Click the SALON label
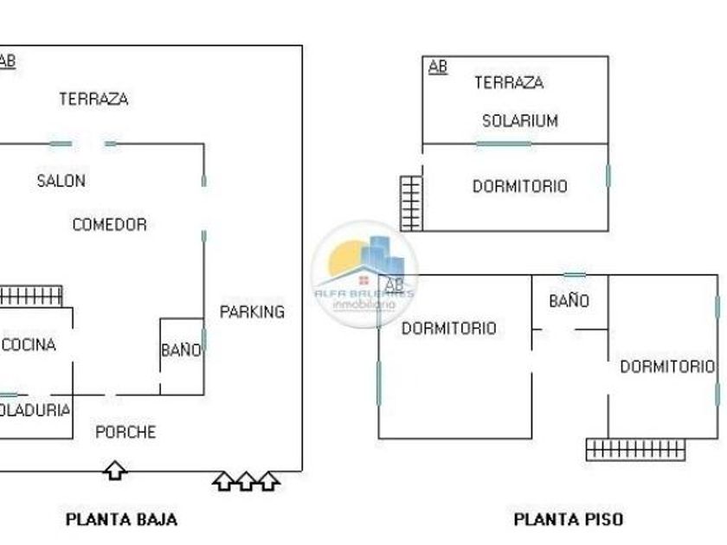coord(61,181)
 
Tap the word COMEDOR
coord(109,225)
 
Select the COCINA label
coord(29,345)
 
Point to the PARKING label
coord(252,312)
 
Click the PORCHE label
coord(125,432)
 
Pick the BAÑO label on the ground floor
coord(181,350)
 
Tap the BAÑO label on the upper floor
coord(569,301)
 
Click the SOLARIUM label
coord(519,121)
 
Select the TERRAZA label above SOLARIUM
coord(509,83)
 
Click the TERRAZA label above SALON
coord(93,99)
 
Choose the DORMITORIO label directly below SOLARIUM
coord(519,186)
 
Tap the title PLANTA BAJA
coord(121,519)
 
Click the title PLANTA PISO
coord(568,519)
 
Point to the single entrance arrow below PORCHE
coord(115,471)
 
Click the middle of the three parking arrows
coord(246,480)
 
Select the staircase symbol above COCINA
coord(31,296)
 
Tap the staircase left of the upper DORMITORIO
coord(411,203)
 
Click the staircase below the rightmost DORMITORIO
coord(635,449)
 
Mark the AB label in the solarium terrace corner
coord(438,67)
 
